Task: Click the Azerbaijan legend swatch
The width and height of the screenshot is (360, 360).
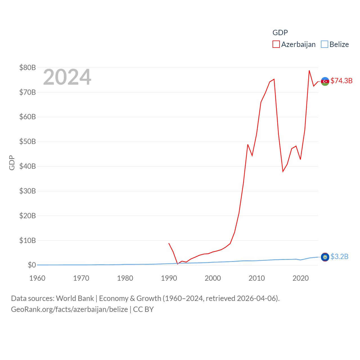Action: [276, 44]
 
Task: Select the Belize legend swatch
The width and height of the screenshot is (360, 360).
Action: [325, 44]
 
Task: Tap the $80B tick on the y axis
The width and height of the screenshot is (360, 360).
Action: [28, 67]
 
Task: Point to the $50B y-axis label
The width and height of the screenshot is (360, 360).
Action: [28, 141]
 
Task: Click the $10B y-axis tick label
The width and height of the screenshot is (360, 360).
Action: [28, 240]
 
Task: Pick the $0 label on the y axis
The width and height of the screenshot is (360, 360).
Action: [32, 265]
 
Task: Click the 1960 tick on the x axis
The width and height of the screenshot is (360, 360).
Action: [37, 278]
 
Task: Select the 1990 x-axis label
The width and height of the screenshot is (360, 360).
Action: [169, 278]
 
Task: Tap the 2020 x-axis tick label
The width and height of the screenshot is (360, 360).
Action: [301, 278]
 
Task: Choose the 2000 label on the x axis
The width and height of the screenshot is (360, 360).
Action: [213, 278]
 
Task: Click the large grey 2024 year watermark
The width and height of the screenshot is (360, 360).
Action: [67, 77]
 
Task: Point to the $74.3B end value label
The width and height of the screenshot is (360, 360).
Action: [341, 81]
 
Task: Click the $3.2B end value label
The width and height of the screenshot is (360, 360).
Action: [339, 256]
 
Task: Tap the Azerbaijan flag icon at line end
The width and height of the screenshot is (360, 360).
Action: [325, 81]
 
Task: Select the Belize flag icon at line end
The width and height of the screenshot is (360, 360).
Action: [325, 257]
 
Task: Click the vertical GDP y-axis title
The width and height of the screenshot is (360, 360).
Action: [12, 163]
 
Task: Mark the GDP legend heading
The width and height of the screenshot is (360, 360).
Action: [280, 33]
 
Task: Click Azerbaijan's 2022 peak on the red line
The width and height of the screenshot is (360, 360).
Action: [309, 71]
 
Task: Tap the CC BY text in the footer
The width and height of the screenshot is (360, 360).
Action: [143, 309]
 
